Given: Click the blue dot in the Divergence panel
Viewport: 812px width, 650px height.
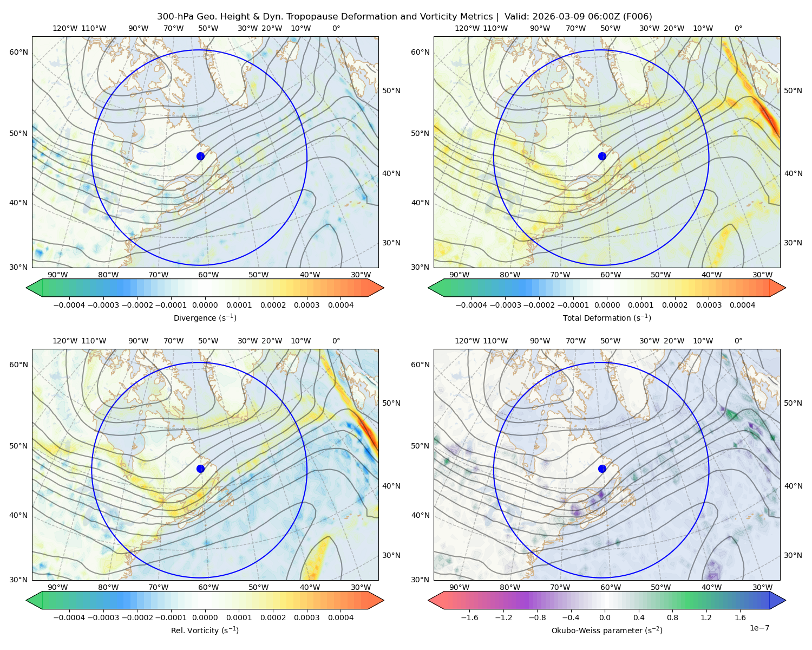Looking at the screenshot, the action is [200, 157].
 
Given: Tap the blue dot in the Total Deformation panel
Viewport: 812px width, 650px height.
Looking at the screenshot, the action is [602, 157].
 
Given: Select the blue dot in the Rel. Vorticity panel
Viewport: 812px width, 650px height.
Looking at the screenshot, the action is [200, 469].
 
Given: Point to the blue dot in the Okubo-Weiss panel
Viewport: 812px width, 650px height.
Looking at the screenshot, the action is [602, 469].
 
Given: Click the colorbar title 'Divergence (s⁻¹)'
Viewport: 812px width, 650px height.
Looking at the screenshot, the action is [205, 317].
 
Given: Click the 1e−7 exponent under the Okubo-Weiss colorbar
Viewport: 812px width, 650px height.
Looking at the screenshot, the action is [759, 628].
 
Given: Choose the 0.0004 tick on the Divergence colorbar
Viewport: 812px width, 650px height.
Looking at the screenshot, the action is [340, 305].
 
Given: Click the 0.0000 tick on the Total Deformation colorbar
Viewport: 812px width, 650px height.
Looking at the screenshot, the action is [607, 305].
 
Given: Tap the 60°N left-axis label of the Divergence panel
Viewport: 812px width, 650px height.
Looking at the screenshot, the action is [18, 52].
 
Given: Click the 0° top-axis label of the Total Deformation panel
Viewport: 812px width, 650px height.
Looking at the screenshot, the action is [738, 28].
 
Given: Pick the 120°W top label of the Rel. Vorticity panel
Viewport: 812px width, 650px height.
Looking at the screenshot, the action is [65, 341].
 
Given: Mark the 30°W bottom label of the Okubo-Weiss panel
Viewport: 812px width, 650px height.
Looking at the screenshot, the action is [763, 587].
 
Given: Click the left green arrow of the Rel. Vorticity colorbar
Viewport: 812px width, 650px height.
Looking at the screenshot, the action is [34, 600].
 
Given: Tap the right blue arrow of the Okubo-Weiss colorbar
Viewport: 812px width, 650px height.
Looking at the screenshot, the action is [778, 600].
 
